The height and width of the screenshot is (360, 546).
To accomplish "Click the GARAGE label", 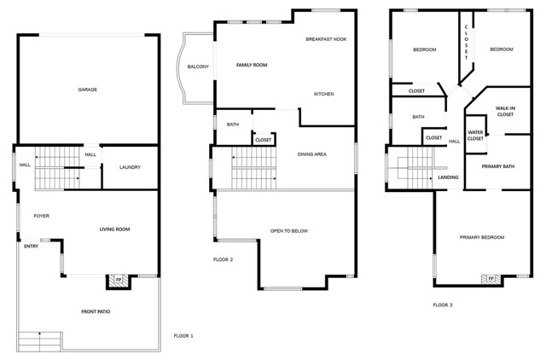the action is pyautogui.click(x=87, y=90).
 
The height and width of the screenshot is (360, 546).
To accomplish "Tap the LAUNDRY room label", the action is pyautogui.click(x=130, y=167).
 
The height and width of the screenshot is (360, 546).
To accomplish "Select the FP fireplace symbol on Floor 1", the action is pyautogui.click(x=119, y=281).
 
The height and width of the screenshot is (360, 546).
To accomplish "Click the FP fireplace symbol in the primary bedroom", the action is pyautogui.click(x=491, y=279).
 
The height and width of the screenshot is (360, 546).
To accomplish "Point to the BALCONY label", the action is pyautogui.click(x=198, y=67).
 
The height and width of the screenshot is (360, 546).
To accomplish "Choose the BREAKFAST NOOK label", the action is pyautogui.click(x=326, y=39).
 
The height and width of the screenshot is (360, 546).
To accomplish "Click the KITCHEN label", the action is pyautogui.click(x=324, y=94).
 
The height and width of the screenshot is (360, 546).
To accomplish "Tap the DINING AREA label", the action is pyautogui.click(x=312, y=154).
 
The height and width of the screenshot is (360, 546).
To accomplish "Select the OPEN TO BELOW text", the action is pyautogui.click(x=289, y=231).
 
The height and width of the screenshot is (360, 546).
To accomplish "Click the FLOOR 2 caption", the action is pyautogui.click(x=223, y=259).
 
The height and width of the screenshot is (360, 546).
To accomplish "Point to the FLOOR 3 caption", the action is pyautogui.click(x=443, y=305).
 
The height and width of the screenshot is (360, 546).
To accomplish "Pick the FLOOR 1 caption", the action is pyautogui.click(x=183, y=336).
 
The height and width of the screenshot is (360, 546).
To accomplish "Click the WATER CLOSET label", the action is pyautogui.click(x=475, y=136).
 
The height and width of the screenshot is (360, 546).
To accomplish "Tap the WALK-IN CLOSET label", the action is pyautogui.click(x=505, y=112).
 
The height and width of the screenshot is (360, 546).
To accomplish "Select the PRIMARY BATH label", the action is pyautogui.click(x=498, y=166).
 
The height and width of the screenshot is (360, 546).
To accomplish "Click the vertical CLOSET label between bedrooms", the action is pyautogui.click(x=467, y=42).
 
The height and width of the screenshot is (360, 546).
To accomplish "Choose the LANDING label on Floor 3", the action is pyautogui.click(x=448, y=177).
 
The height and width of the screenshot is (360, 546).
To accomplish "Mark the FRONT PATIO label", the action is pyautogui.click(x=96, y=311).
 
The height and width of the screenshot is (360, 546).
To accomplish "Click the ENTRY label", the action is pyautogui.click(x=31, y=247).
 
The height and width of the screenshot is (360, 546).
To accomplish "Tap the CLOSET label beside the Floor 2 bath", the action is pyautogui.click(x=263, y=140).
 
